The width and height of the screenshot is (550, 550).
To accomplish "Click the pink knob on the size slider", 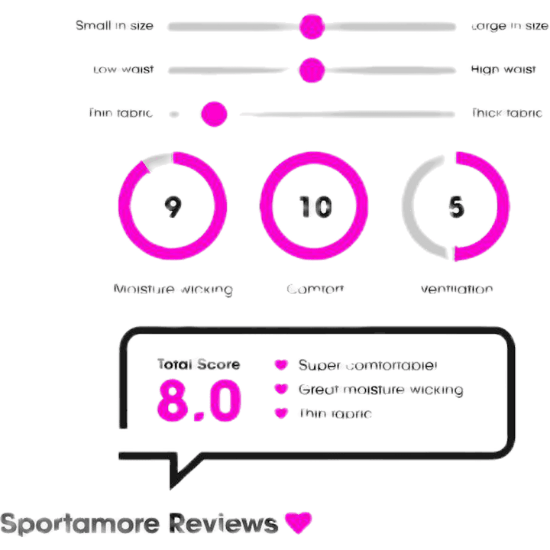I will coord(312,27).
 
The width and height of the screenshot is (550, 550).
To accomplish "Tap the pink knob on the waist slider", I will coord(312,70).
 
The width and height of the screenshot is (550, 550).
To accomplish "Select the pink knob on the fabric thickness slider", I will coord(214,115).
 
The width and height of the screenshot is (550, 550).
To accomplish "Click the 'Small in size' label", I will coord(115,27).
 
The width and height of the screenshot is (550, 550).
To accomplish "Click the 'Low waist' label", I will coord(123,70).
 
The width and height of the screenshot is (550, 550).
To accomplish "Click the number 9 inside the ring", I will coord(173,207).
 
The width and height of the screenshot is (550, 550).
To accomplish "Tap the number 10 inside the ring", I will coord(315,207).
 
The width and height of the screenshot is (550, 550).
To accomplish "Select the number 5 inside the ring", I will coord(456,207).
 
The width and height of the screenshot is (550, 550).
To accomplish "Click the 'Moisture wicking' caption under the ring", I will coord(172,290).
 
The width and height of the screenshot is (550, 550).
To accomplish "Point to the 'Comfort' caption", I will coord(315,290).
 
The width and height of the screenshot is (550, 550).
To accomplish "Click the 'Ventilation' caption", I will coord(456,290).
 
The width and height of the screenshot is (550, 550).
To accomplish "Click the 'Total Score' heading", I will coord(199,364).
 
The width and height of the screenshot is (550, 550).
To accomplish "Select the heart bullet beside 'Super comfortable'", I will coord(281,365).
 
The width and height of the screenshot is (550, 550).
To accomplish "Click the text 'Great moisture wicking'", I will coord(380,390).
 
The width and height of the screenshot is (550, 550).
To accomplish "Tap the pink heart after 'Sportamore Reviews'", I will coord(298,524).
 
